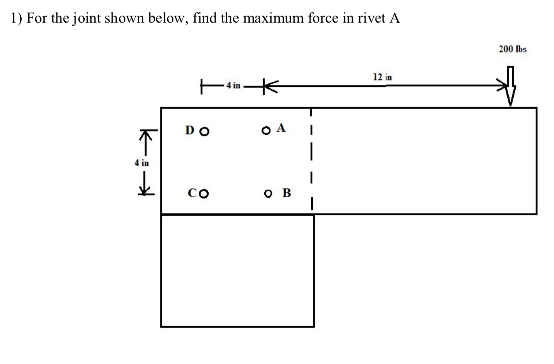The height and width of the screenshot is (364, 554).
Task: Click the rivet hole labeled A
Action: pos(266,131)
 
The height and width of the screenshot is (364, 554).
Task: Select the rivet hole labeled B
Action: pos(268,193)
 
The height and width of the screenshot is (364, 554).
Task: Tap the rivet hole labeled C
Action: pos(204,193)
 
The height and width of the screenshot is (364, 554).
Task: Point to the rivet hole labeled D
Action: pos(205,131)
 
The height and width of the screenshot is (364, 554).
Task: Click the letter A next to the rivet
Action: pos(281,128)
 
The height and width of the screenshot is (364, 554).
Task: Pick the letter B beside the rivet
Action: pos(286,192)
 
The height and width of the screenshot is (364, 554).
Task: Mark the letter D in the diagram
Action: pos(190,130)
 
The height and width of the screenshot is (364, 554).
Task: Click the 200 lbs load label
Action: pos(513,49)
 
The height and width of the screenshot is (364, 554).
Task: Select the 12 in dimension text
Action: pos(382,77)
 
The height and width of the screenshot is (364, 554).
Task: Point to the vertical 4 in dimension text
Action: pos(142,163)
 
